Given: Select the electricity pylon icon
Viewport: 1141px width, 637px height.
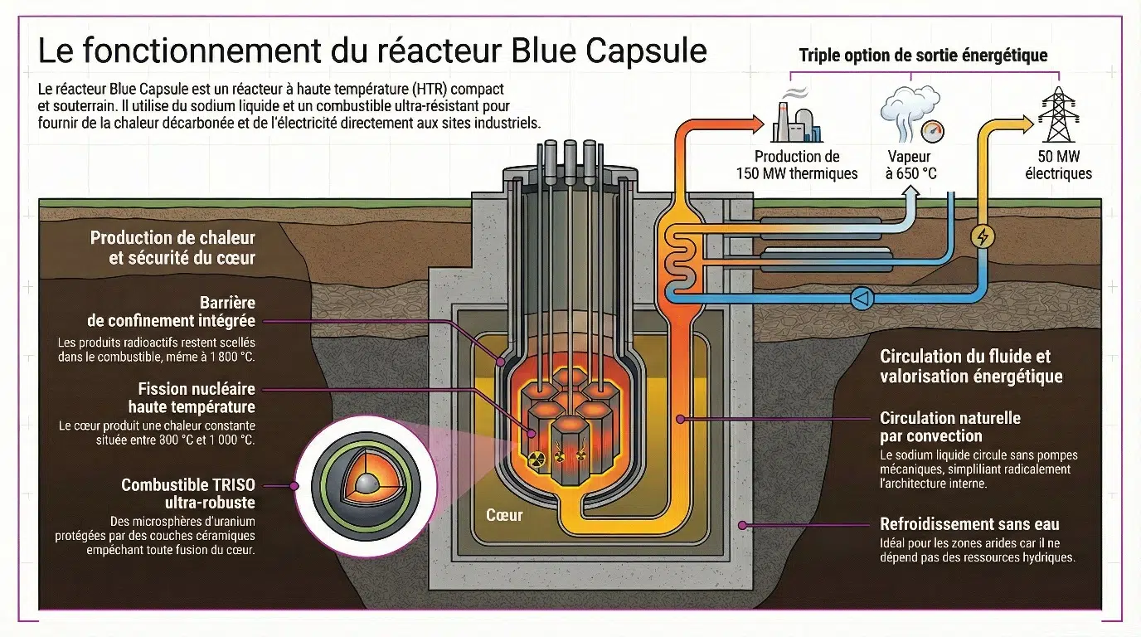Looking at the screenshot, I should (1058, 115).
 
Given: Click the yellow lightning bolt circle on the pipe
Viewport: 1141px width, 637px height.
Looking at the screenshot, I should (983, 237).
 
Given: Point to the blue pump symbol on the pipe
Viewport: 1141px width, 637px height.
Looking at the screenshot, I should (862, 298).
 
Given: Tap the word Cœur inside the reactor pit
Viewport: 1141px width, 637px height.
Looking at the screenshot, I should (504, 515).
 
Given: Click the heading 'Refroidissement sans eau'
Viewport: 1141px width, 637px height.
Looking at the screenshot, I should (969, 524).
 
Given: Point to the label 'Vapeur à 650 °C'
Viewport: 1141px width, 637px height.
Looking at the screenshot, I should (909, 165).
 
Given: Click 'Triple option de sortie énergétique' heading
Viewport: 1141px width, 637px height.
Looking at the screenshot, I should (923, 56).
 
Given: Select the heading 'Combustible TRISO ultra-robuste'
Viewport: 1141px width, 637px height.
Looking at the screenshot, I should (188, 494).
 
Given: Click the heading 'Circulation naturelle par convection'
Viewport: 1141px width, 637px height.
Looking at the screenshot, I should (950, 426).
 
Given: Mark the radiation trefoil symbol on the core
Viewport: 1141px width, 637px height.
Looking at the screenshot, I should (537, 457).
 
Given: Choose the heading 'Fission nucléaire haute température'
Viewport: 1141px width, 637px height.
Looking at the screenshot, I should (192, 397).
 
